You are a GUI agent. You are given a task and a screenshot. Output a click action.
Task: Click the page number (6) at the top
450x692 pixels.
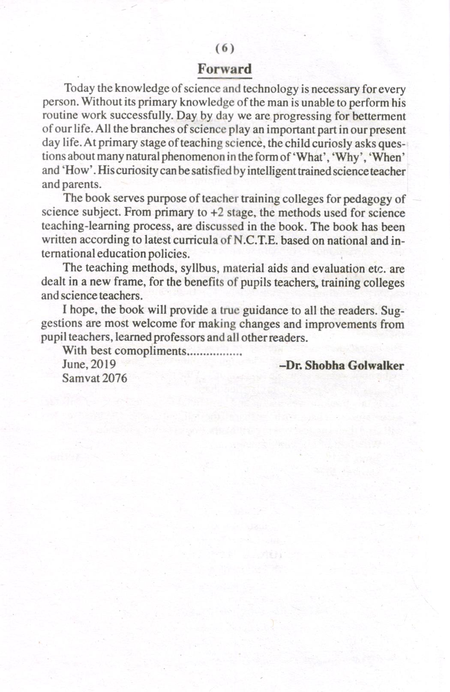(x=225, y=48)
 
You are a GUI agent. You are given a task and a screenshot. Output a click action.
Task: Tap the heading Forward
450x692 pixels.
(x=225, y=69)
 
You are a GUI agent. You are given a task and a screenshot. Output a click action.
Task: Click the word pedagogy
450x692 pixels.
(x=368, y=199)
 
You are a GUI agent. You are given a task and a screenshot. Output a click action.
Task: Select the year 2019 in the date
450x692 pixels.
(x=103, y=364)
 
